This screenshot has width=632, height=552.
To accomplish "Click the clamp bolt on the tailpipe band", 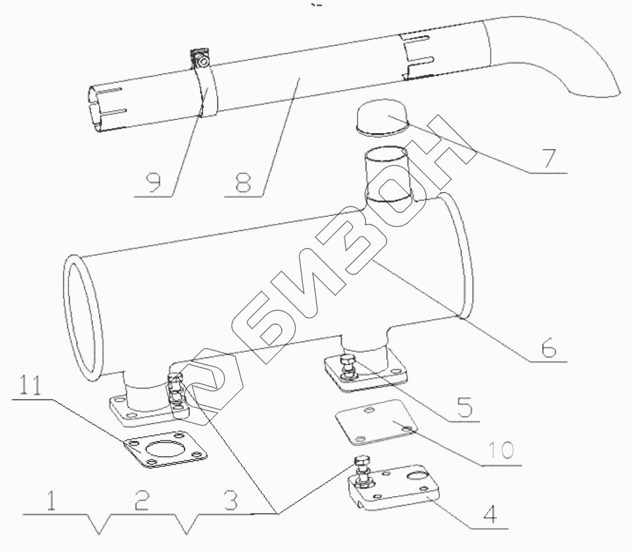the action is coord(202,61).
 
